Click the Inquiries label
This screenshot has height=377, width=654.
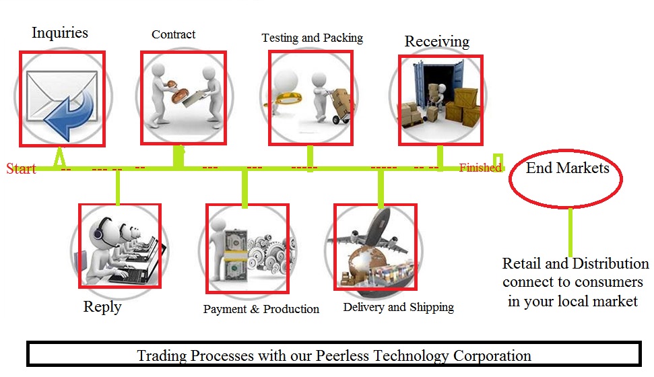point(60,32)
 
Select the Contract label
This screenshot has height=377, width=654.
point(173,34)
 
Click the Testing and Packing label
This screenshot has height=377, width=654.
point(312,38)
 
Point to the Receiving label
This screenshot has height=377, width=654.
point(436,41)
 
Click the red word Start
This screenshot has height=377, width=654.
point(21,168)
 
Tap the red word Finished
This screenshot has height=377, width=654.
point(480,168)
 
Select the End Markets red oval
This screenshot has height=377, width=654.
point(566,178)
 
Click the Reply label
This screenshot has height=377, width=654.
point(102,307)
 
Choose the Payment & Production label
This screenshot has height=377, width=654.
point(261,309)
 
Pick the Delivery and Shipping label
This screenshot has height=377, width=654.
point(398,307)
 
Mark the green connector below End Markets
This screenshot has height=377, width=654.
point(570,232)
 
